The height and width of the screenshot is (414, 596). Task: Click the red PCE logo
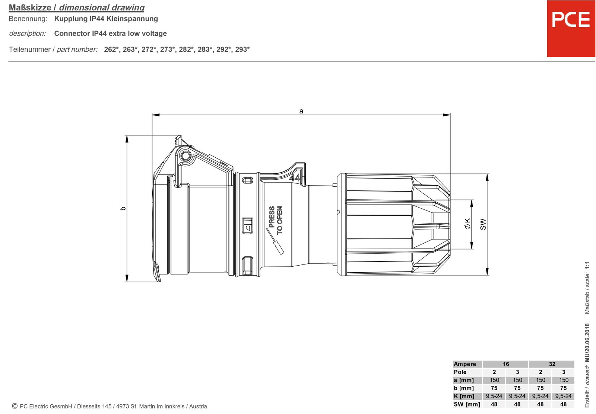(x=571, y=28)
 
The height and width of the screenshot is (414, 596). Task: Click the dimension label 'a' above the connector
(x=301, y=111)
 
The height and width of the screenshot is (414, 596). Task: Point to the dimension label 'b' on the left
(x=123, y=208)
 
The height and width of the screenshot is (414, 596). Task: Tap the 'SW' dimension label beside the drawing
(x=483, y=224)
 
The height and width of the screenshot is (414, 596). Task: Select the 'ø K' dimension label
(x=467, y=224)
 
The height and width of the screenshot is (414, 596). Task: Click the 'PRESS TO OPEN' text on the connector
(x=276, y=220)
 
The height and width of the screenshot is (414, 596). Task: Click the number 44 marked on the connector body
(x=295, y=177)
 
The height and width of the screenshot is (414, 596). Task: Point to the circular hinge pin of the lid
(x=185, y=155)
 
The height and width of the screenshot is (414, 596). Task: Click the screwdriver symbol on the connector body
(x=275, y=241)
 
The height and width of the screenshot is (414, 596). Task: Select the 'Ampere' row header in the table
(x=465, y=364)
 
